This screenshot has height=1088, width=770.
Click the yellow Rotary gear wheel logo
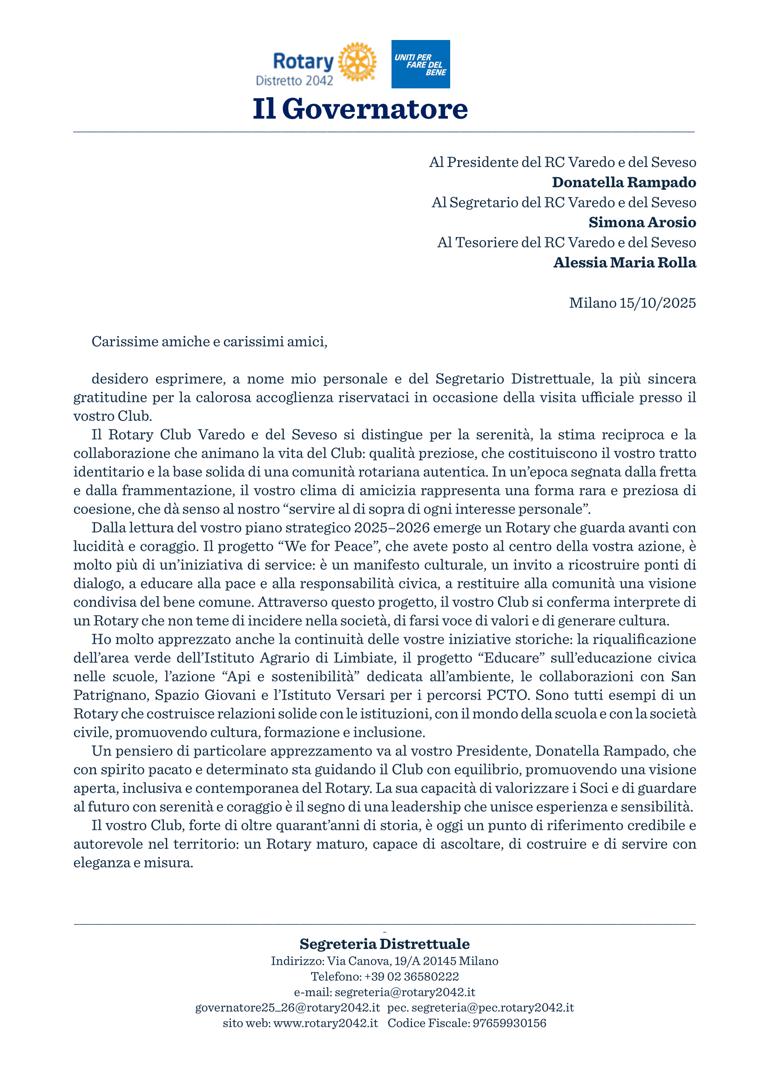click(357, 62)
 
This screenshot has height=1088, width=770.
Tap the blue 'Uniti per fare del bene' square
click(420, 64)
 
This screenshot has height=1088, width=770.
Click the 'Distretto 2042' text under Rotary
click(294, 81)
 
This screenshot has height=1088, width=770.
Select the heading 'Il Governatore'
click(360, 109)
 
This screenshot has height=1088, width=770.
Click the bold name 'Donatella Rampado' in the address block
click(623, 182)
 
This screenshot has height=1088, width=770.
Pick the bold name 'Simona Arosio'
click(642, 222)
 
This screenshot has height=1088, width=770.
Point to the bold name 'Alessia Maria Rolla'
click(624, 262)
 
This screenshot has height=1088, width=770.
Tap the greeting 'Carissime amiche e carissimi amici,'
click(209, 342)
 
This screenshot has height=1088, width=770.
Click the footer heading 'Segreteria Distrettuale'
click(385, 944)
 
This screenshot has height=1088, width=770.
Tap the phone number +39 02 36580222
click(411, 977)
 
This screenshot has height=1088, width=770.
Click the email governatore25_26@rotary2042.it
click(287, 1008)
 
